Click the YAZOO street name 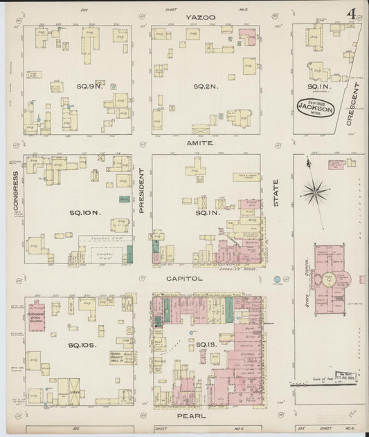[200, 17]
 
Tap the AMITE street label [200, 143]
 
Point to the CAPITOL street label [184, 278]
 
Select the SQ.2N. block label [206, 86]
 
